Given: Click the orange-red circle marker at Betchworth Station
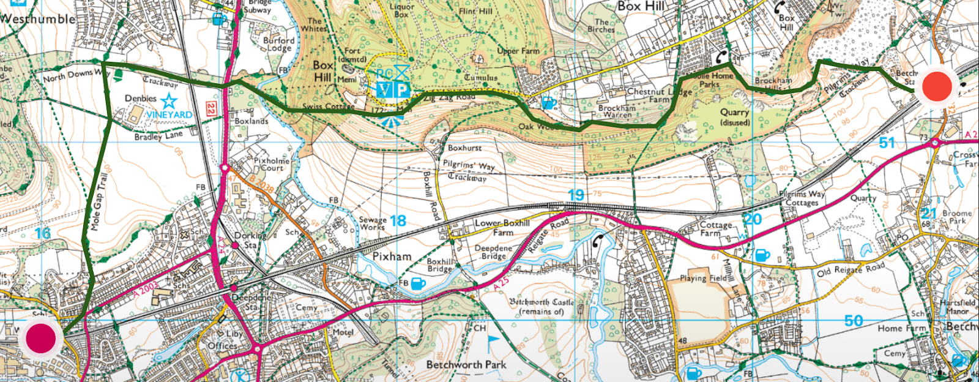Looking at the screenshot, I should tap(937, 87).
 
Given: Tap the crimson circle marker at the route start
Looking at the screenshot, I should tap(41, 337).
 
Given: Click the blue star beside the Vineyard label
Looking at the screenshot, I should tap(169, 100).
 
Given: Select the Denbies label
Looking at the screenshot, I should tap(141, 99).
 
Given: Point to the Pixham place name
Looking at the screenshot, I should tap(392, 257).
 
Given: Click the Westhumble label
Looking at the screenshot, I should tap(38, 19).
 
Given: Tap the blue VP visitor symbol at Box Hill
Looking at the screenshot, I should tap(392, 90).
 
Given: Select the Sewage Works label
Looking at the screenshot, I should tap(373, 223).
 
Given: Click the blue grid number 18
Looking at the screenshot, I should tap(398, 221).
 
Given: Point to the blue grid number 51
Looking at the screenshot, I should tap(887, 143).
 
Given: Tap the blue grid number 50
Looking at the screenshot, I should tap(853, 321).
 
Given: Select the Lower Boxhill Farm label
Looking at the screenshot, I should tap(502, 228).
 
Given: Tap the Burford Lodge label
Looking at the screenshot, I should tap(278, 44).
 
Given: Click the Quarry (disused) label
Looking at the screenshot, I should tap(734, 117).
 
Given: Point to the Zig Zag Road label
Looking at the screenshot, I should tap(449, 97).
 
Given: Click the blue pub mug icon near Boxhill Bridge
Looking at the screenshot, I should tap(418, 283).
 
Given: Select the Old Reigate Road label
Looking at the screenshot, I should tap(851, 269).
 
